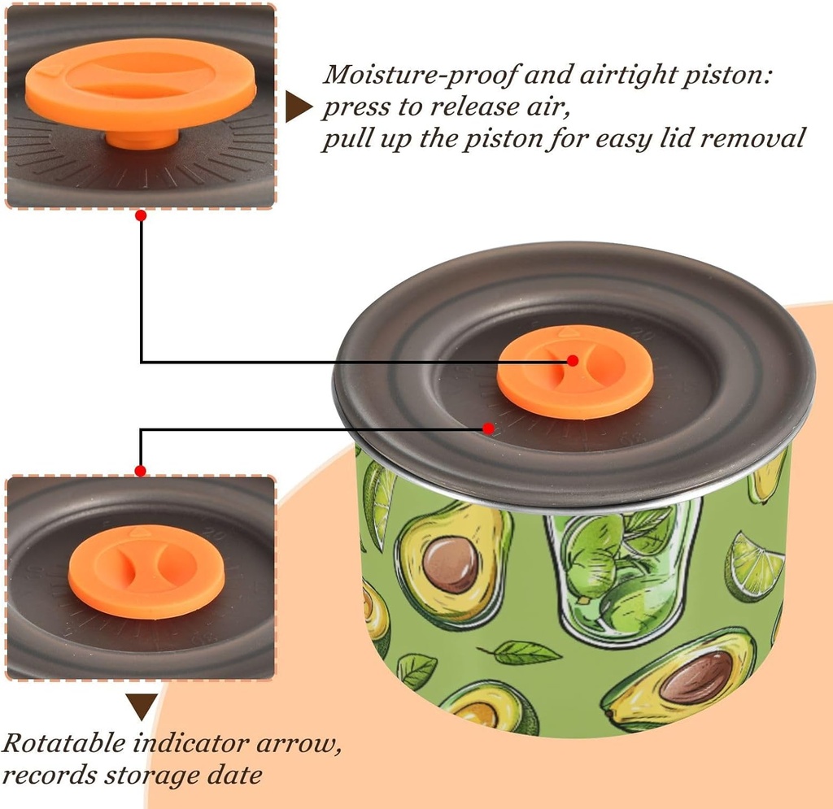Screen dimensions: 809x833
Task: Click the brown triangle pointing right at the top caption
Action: pyautogui.click(x=298, y=107)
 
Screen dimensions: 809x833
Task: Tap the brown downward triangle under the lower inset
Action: pyautogui.click(x=142, y=706)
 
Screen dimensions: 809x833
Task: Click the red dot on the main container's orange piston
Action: pyautogui.click(x=573, y=360)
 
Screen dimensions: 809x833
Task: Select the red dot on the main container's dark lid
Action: pyautogui.click(x=488, y=428)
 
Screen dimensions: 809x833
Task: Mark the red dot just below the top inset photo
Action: pyautogui.click(x=141, y=215)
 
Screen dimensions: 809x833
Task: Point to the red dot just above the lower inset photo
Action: pyautogui.click(x=140, y=471)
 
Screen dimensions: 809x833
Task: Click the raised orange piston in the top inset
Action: pyautogui.click(x=141, y=85)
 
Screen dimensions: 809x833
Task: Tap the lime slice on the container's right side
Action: pyautogui.click(x=753, y=567)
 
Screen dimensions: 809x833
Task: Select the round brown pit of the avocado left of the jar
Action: pyautogui.click(x=450, y=564)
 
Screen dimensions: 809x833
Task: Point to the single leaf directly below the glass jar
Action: pyautogui.click(x=521, y=652)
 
